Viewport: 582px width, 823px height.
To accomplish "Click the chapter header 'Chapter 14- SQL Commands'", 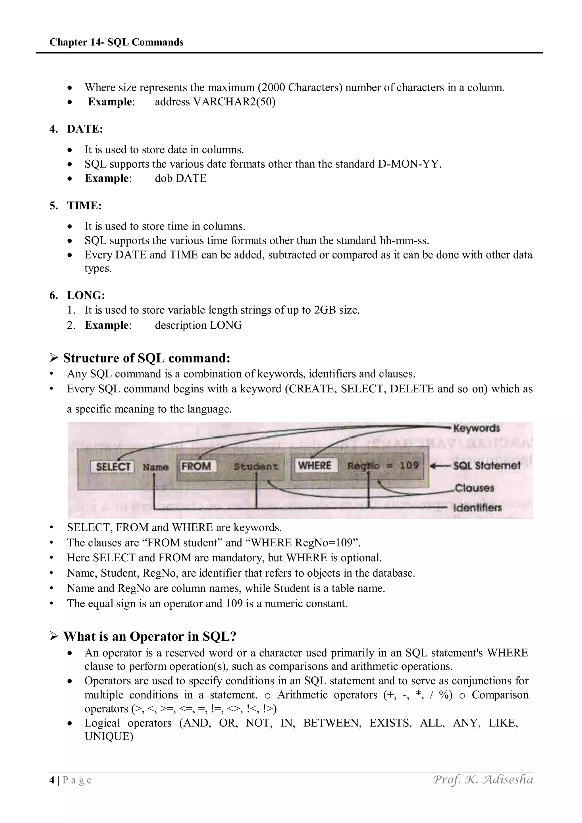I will (116, 42).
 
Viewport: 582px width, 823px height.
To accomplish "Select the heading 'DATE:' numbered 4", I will (85, 129).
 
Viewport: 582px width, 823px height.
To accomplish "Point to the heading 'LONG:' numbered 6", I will (86, 295).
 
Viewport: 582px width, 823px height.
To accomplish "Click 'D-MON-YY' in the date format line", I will (408, 164).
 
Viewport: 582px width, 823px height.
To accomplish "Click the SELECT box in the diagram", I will (113, 467).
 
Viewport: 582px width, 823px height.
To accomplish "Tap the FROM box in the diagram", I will (196, 466).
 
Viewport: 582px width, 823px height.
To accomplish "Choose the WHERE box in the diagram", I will (315, 465).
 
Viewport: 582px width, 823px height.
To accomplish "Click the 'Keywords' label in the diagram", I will (476, 428).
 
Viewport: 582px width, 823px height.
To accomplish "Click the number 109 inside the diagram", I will (409, 465).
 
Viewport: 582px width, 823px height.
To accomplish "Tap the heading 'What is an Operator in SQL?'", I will (149, 636).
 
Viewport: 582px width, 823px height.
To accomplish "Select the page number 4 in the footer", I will (52, 780).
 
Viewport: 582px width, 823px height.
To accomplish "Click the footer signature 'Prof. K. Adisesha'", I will (483, 780).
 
